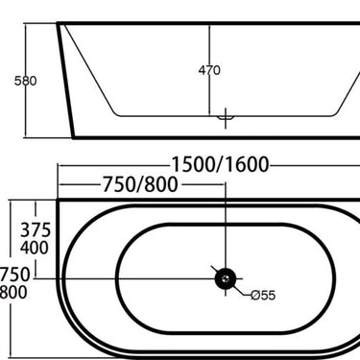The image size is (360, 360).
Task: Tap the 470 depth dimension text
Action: point(210,70)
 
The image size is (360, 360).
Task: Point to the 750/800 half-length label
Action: point(135,184)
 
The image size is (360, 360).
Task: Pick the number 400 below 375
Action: point(36,248)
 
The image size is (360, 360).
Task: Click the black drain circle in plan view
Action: point(224,278)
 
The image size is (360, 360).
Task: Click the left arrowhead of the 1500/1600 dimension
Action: point(60,165)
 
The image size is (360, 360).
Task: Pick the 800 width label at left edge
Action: point(12,293)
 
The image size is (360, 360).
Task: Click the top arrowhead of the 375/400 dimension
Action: point(36,204)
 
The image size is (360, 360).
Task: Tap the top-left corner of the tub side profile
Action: point(59,25)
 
